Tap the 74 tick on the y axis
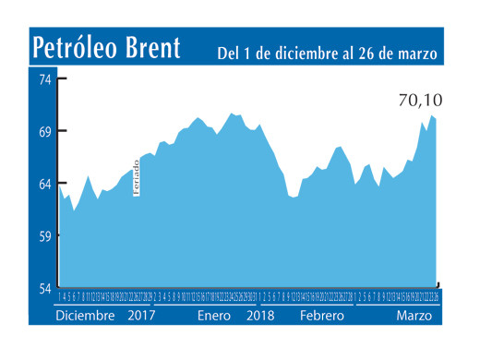coord(44,78)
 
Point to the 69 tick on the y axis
coord(44,131)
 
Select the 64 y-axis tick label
coord(44,185)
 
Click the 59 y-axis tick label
coord(44,237)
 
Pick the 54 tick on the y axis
coord(44,289)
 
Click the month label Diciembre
coord(85,316)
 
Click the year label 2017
coord(142,316)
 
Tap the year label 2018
coord(262,316)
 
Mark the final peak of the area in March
coord(430,114)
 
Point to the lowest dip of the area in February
coord(293,198)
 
